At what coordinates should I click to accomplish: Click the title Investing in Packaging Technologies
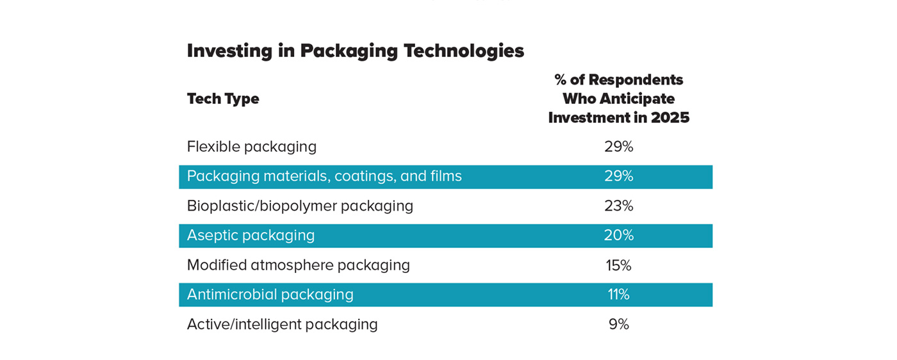(x=355, y=51)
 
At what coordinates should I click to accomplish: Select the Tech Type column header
(x=223, y=99)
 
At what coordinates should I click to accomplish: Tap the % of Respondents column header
(x=618, y=99)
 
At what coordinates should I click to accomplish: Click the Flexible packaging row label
(x=252, y=147)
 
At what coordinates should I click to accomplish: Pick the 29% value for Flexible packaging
(x=618, y=147)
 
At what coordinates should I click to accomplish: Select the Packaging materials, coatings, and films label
(x=324, y=176)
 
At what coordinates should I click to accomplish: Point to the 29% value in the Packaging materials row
(x=618, y=176)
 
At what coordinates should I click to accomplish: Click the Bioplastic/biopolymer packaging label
(x=300, y=206)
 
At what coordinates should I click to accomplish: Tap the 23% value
(x=618, y=206)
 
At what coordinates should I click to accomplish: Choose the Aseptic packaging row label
(x=251, y=236)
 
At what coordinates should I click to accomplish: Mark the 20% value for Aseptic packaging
(x=618, y=236)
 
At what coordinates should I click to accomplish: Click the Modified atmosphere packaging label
(x=298, y=265)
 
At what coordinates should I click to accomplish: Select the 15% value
(x=618, y=265)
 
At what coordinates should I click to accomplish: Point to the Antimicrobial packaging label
(x=270, y=295)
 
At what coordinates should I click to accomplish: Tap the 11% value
(x=618, y=295)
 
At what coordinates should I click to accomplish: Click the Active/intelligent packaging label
(x=282, y=324)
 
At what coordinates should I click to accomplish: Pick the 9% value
(x=618, y=324)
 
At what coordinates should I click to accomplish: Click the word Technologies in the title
(x=463, y=51)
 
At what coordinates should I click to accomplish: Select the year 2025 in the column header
(x=670, y=118)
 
